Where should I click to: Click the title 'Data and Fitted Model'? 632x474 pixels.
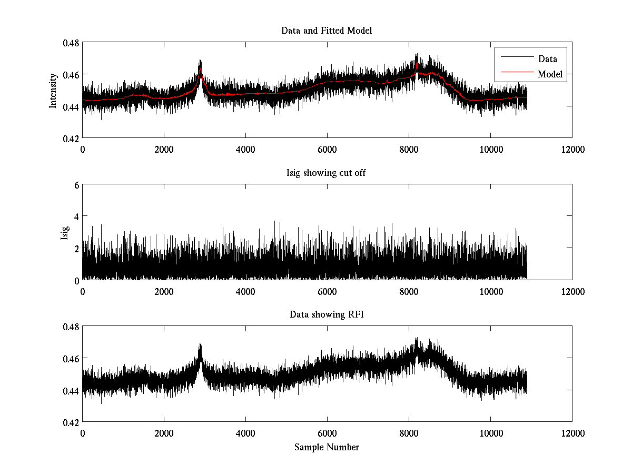[x=327, y=31]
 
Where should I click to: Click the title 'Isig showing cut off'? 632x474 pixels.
[x=327, y=173]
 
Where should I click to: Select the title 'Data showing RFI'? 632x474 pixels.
[x=327, y=315]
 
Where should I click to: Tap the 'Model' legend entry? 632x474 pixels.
[x=550, y=74]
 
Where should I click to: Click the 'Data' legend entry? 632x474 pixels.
[x=547, y=58]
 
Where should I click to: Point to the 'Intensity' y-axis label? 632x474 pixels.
[x=53, y=90]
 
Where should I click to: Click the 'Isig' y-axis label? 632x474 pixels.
[x=65, y=232]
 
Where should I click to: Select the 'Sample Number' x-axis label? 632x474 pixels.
[x=327, y=447]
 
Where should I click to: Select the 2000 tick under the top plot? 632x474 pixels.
[x=164, y=149]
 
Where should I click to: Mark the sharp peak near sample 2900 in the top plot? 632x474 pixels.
[x=201, y=61]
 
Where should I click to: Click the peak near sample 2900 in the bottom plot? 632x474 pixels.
[x=201, y=345]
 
